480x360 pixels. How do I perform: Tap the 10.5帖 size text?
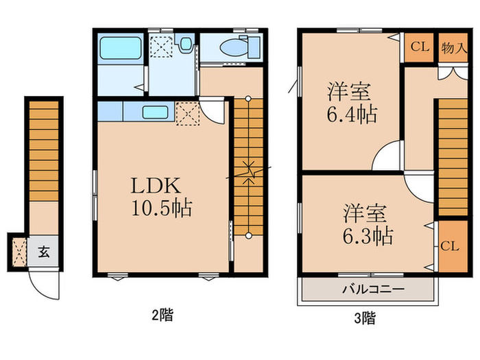point(162,208)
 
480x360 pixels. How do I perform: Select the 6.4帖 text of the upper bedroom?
point(350,113)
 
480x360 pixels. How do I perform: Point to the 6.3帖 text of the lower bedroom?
point(368,236)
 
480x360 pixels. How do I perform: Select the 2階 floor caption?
point(162,315)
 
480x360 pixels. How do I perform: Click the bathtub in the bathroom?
point(120,49)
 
